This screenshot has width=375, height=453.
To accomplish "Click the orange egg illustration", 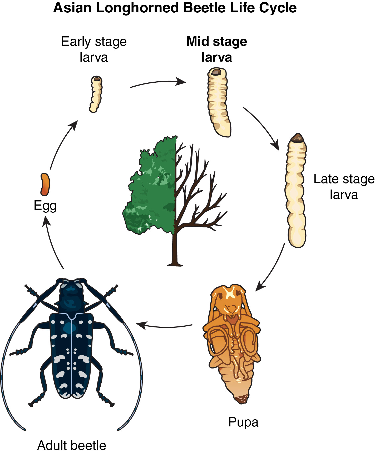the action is tap(45, 184).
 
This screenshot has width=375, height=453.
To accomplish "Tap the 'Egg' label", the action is tap(45, 206).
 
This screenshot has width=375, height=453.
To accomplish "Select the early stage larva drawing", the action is tap(96, 94).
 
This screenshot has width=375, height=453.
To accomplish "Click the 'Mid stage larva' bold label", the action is tap(217, 49).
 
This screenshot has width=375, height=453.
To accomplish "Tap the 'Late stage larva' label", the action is tap(344, 187).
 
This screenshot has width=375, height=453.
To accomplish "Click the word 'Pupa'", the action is tap(243, 422).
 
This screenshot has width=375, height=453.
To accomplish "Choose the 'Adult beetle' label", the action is tap(72, 445).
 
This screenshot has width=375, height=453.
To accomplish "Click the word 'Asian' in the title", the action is tap(72, 8).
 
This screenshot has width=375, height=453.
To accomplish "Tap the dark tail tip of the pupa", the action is tap(241, 399).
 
